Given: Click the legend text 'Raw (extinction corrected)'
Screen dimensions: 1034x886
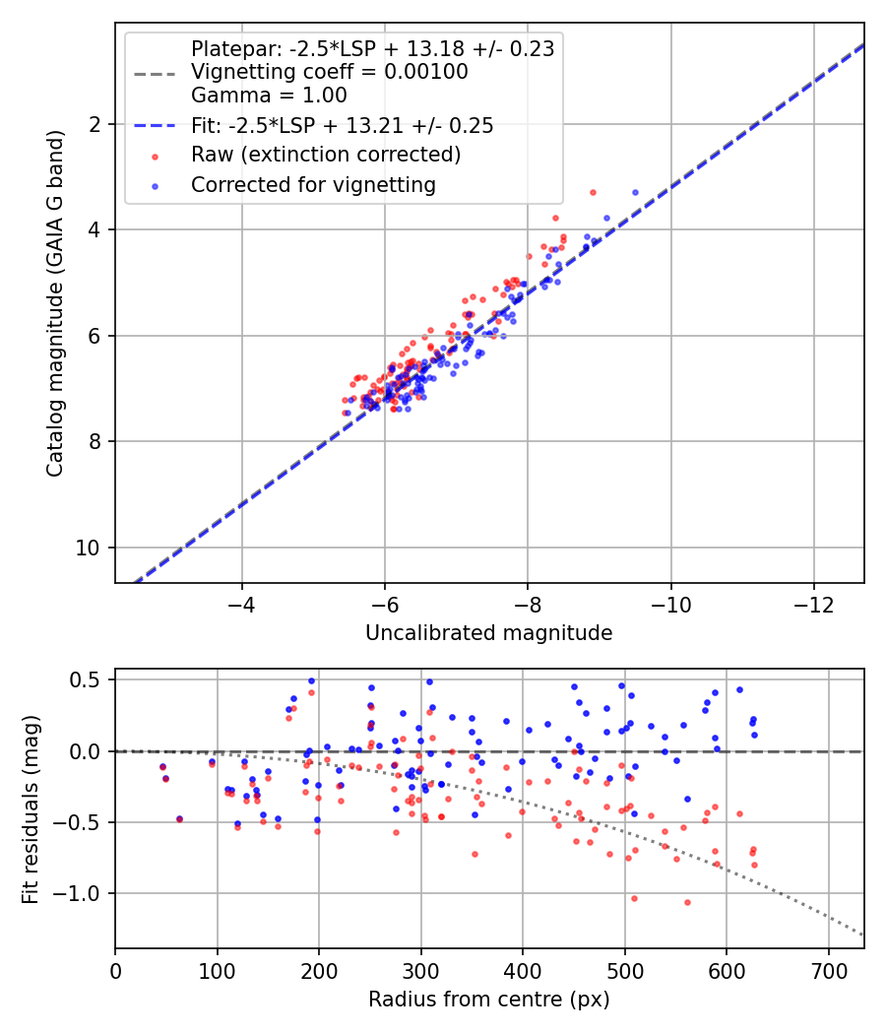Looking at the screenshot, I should click(325, 155).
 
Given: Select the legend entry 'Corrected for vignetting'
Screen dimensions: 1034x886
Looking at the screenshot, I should click(313, 184).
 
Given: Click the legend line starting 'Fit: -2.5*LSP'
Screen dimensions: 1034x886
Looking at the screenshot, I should click(342, 126).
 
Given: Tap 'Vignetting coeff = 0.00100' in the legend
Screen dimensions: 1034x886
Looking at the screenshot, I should click(329, 72).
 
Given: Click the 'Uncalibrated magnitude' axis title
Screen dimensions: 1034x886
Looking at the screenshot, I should click(488, 633).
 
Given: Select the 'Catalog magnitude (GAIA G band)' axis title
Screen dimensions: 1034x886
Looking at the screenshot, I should click(56, 303).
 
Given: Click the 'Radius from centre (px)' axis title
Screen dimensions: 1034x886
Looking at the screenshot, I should click(488, 1000).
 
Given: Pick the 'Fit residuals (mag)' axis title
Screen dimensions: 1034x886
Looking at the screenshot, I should click(31, 808).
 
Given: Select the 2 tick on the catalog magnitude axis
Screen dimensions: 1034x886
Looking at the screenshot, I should click(95, 124).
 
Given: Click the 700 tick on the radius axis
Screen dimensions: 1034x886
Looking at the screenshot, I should click(828, 971).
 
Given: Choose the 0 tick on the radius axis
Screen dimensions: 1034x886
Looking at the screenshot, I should click(116, 971).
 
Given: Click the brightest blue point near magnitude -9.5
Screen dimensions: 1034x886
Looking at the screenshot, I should click(635, 192).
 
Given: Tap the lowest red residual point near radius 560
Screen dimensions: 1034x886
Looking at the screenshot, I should click(687, 902).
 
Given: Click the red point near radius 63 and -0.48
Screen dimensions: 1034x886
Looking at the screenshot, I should click(179, 819).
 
